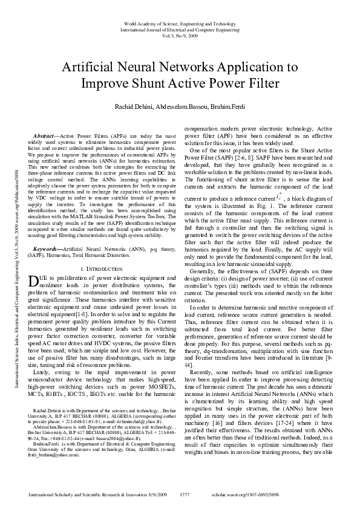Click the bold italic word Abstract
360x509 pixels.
click(45, 138)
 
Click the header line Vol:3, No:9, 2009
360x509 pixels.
click(180, 35)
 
